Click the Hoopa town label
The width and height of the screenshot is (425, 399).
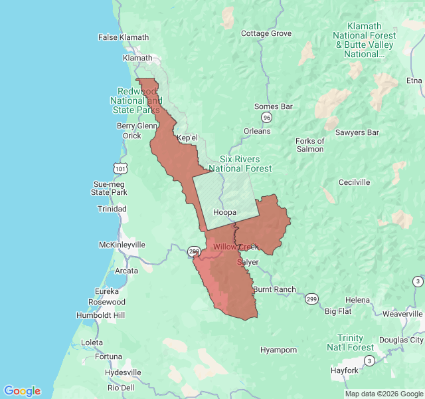point(225,213)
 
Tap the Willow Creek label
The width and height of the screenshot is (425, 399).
point(234,247)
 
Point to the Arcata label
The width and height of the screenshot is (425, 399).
point(126,271)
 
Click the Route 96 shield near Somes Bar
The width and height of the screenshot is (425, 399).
point(266,118)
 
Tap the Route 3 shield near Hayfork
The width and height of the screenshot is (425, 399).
point(369,360)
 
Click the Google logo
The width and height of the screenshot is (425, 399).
point(22,391)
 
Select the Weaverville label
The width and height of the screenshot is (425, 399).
point(402,313)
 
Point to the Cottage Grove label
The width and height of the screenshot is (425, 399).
point(266,33)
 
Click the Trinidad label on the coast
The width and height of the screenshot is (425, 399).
point(112,209)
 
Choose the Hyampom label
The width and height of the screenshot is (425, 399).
point(278,350)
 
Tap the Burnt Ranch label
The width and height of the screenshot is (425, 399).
point(274,289)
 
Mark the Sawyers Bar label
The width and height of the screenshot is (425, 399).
point(357,132)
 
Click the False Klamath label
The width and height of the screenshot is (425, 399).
point(124,37)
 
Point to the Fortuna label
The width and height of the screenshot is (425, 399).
point(108,356)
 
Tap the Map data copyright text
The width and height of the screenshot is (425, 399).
point(384,393)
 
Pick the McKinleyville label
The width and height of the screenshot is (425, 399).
point(122,245)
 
